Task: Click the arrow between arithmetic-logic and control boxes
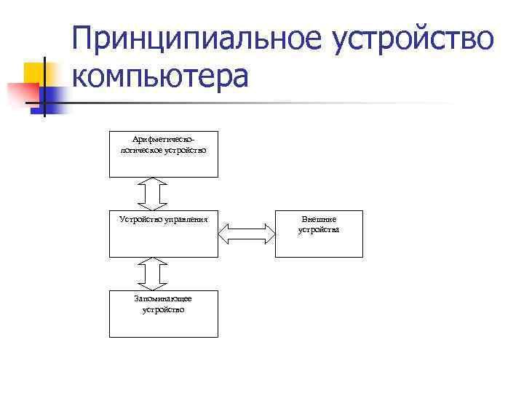[152, 194]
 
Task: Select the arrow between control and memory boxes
[152, 274]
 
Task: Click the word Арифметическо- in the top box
[163, 139]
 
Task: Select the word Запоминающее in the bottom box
[163, 298]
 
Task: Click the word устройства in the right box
[319, 230]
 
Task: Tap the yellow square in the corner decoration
[34, 74]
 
